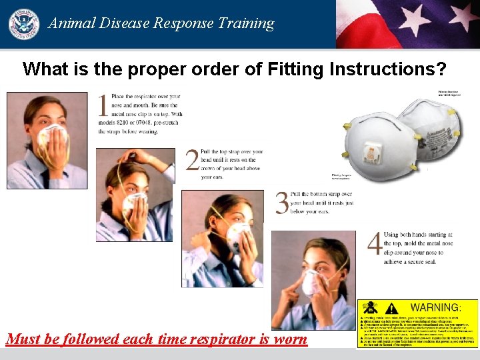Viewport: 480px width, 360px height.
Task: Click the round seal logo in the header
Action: (23, 23)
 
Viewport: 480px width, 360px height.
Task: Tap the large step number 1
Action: (103, 107)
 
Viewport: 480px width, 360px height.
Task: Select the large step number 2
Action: (192, 161)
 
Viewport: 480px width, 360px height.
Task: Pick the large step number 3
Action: (283, 203)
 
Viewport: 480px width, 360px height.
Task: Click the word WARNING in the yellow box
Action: (435, 308)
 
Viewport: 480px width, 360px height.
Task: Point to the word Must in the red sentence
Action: (23, 339)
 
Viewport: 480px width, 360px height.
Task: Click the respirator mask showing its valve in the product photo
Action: (373, 147)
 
